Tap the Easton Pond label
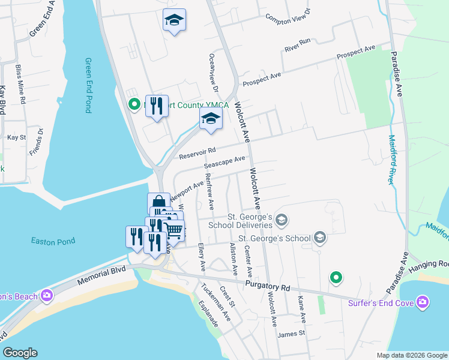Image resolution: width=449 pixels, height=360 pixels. click(x=53, y=241)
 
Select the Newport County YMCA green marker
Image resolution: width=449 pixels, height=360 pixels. click(x=136, y=105)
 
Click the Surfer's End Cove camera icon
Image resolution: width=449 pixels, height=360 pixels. click(x=423, y=302)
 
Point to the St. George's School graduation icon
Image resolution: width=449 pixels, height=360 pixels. click(x=319, y=238)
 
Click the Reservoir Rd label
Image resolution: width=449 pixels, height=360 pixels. click(x=197, y=153)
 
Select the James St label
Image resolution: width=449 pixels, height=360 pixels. click(x=292, y=333)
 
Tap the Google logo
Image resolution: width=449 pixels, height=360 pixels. click(x=20, y=353)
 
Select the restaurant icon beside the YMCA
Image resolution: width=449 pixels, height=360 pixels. click(x=157, y=106)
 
